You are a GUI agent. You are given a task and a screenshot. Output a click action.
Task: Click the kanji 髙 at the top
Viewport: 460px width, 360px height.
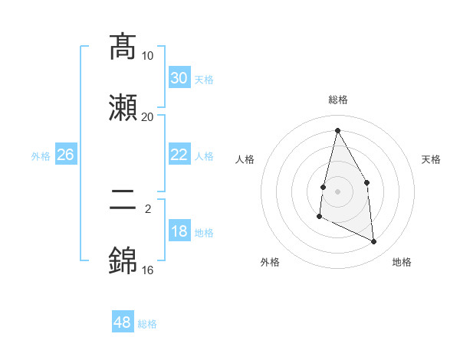click(123, 47)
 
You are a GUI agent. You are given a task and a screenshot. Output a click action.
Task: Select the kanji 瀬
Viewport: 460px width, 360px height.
click(123, 107)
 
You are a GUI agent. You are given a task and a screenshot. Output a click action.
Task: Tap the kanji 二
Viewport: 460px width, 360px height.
click(123, 200)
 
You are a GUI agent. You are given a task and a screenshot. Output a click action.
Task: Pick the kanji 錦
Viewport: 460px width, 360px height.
click(123, 260)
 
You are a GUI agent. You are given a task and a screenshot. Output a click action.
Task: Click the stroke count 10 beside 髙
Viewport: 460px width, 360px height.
click(148, 56)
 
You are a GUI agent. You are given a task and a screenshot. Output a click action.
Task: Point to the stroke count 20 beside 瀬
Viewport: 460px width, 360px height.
click(148, 116)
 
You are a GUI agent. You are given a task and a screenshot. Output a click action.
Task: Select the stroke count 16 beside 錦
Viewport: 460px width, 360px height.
click(148, 270)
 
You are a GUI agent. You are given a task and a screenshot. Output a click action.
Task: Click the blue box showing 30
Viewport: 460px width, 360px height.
click(179, 78)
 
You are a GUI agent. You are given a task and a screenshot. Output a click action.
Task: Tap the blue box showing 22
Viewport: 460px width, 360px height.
click(179, 155)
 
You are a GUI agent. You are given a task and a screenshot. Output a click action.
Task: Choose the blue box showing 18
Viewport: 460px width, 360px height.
click(179, 231)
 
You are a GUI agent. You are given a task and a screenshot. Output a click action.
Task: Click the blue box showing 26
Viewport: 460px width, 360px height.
click(65, 155)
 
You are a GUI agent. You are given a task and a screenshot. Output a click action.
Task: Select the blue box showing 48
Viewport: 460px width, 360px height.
click(123, 322)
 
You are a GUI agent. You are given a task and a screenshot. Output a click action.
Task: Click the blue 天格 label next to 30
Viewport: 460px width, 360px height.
click(204, 80)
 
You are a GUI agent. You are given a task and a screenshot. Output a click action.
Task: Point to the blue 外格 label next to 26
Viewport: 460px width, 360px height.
click(41, 156)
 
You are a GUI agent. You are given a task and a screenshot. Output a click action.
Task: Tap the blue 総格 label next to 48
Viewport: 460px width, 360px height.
click(147, 324)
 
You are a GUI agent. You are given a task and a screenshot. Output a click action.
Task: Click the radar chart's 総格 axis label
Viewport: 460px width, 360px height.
click(338, 100)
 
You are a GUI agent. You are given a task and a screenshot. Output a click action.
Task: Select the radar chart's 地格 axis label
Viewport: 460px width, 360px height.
click(402, 262)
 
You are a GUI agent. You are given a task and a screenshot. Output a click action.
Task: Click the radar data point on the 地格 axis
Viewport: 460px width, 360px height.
click(374, 242)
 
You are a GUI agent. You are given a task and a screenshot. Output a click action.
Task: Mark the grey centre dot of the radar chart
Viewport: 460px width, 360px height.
click(337, 191)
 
